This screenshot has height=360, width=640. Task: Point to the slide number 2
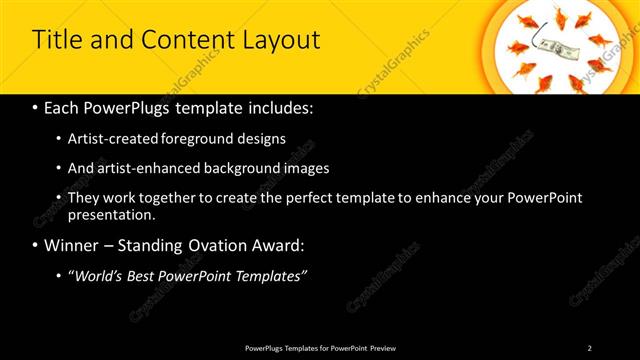pos(590,348)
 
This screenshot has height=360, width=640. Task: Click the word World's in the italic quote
pos(98,275)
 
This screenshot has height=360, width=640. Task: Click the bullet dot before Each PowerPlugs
pos(36,107)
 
